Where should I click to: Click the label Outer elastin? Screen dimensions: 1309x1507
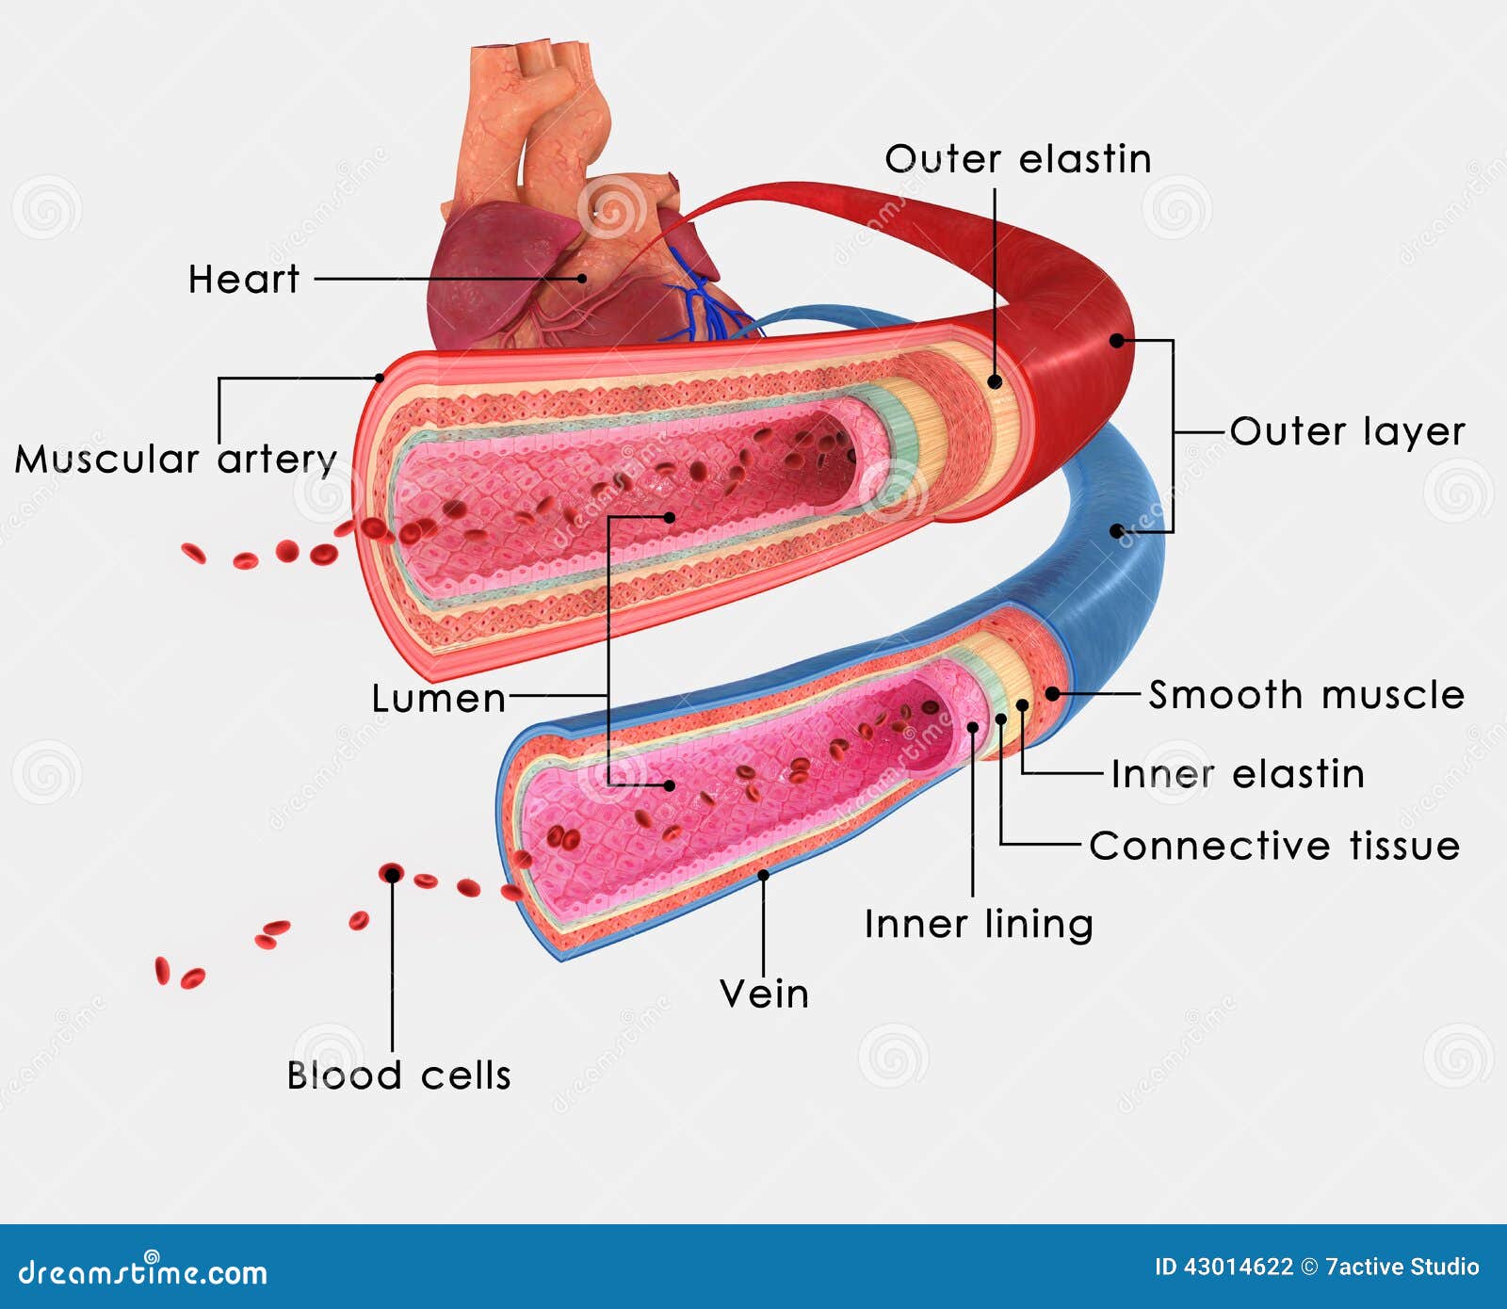[x=1017, y=159]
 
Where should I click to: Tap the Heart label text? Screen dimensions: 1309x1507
[x=244, y=280]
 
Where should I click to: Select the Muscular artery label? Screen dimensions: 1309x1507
[x=176, y=460]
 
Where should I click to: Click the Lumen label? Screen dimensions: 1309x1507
[x=439, y=699]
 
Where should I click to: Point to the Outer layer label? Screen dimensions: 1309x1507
[x=1347, y=432]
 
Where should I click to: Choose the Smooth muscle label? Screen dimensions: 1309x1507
[x=1306, y=695]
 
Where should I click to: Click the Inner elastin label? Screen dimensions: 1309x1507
[x=1237, y=774]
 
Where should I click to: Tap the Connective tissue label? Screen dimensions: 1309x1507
[x=1273, y=846]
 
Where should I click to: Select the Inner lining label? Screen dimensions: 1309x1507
[x=979, y=924]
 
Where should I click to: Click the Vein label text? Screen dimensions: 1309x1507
[x=764, y=994]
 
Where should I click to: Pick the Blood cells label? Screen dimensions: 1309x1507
[x=398, y=1075]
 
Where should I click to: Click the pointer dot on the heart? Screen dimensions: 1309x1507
[x=583, y=278]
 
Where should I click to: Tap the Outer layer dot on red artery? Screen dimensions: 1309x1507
[x=1116, y=340]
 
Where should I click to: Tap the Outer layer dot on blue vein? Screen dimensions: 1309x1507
[x=1116, y=531]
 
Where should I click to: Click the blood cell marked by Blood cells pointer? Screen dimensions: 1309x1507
[x=391, y=874]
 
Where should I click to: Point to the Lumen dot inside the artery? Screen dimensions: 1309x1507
[x=670, y=517]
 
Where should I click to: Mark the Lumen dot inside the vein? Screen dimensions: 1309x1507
[x=670, y=784]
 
